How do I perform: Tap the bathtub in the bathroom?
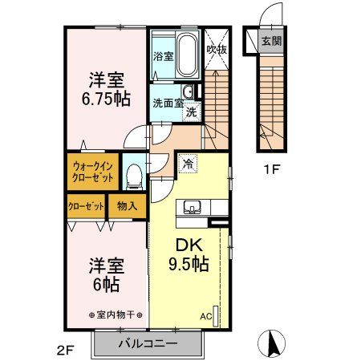pyautogui.click(x=186, y=55)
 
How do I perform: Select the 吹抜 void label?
pyautogui.click(x=215, y=50)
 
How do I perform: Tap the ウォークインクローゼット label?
pyautogui.click(x=91, y=171)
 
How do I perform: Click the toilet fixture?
pyautogui.click(x=135, y=172)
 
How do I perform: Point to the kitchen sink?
pyautogui.click(x=194, y=209)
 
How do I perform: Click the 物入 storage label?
pyautogui.click(x=127, y=206)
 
